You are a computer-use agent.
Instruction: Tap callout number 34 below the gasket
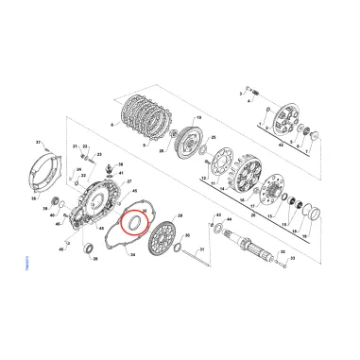coord(132,255)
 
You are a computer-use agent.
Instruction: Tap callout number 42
coord(282,146)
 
